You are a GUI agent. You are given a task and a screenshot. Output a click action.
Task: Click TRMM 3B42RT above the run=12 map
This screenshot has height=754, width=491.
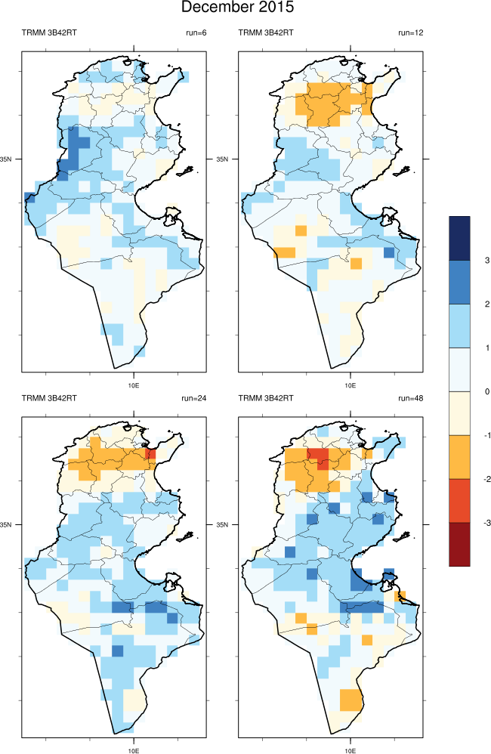click(266, 32)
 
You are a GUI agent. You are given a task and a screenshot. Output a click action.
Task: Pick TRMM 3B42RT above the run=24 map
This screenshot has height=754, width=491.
click(49, 398)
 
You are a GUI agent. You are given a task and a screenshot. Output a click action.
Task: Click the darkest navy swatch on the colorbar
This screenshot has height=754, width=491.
click(459, 238)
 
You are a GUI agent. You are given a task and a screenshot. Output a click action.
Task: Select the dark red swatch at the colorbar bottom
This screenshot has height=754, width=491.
click(459, 544)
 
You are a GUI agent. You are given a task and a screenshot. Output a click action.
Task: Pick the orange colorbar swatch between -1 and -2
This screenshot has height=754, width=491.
click(459, 456)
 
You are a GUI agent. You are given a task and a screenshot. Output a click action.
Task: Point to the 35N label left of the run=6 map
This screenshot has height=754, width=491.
click(9, 159)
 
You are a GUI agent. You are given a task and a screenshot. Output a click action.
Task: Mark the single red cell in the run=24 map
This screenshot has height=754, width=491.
click(150, 454)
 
